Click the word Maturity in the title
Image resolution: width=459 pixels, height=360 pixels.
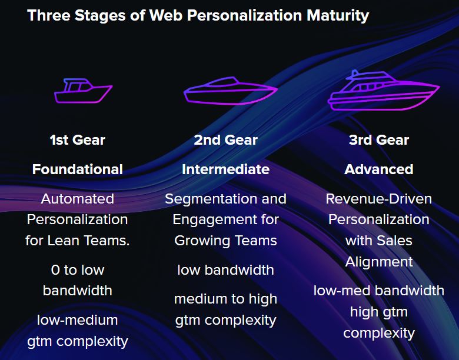click(x=338, y=16)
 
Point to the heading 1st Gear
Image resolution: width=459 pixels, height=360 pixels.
click(x=77, y=140)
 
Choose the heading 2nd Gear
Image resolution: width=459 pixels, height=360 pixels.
click(x=226, y=140)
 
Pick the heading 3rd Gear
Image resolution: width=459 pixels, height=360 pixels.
click(x=379, y=140)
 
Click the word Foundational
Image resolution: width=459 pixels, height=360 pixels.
click(x=78, y=169)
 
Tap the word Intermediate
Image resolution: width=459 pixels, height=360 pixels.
click(x=226, y=169)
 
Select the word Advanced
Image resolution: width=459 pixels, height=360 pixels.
click(x=379, y=169)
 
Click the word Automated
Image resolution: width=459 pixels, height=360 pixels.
click(x=78, y=199)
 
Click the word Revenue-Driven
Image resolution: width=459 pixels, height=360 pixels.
click(x=379, y=199)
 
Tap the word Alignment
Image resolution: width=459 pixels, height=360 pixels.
click(x=379, y=262)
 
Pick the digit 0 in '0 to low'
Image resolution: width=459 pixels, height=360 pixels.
click(x=55, y=270)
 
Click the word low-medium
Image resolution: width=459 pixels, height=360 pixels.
click(x=78, y=320)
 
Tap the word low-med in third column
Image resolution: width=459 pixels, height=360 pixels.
click(x=342, y=291)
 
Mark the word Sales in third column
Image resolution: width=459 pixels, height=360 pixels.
click(x=394, y=241)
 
